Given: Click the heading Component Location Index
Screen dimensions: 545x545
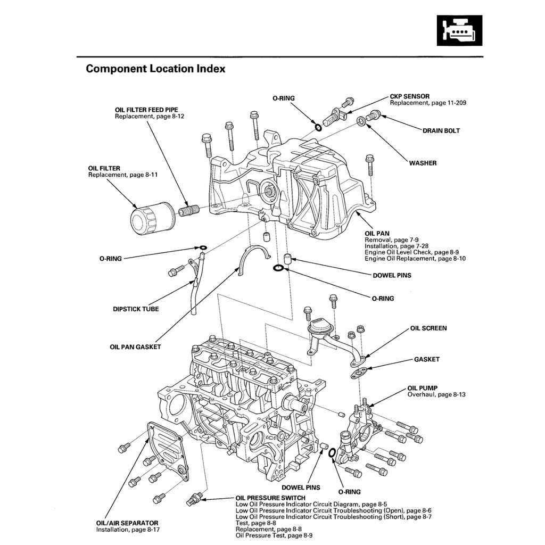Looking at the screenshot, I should [x=155, y=69].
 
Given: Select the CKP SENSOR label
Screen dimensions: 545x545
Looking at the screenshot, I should [x=409, y=96].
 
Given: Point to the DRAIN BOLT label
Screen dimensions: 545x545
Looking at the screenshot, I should [x=441, y=130].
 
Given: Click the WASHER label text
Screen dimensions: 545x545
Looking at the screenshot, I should [x=423, y=163].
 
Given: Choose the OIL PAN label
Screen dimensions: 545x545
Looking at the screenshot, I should [x=377, y=233].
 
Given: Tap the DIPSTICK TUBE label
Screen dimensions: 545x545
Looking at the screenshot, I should [x=136, y=309].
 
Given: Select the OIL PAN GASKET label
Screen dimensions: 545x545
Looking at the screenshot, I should [x=135, y=347].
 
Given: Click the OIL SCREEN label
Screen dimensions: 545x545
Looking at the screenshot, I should [x=428, y=328].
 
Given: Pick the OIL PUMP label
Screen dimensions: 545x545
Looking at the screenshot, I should [x=423, y=389].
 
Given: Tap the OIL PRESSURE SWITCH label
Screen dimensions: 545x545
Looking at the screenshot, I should [x=270, y=498].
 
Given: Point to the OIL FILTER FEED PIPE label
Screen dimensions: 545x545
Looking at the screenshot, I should [x=146, y=110].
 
